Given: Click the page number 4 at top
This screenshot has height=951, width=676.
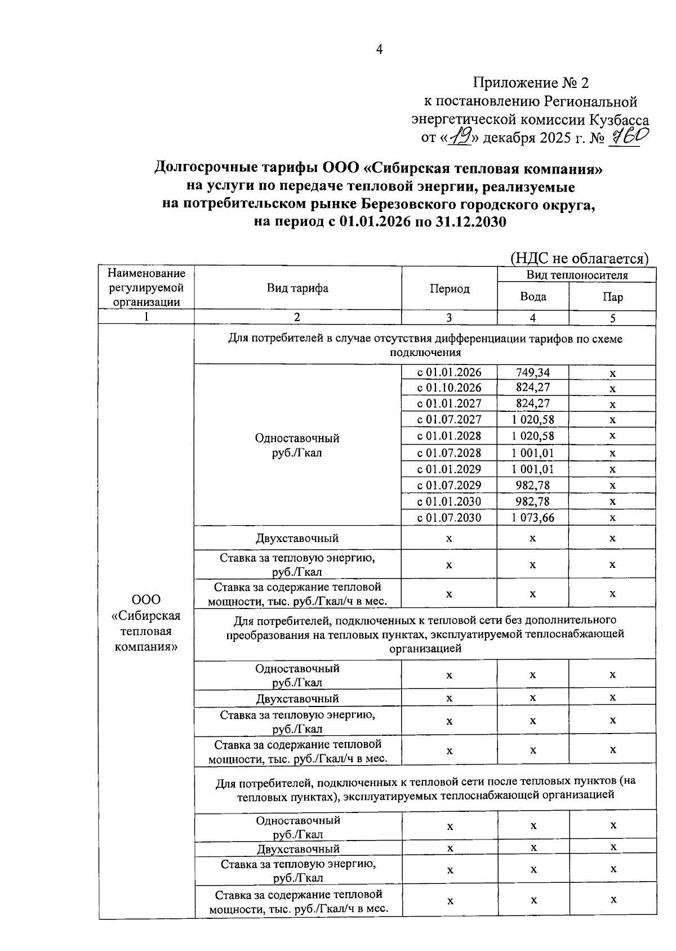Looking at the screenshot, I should (379, 50).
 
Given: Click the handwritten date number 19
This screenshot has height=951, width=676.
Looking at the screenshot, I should (462, 135).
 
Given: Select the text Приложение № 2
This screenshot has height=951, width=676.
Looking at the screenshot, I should (531, 83).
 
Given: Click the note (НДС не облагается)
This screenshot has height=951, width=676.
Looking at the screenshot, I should (579, 258).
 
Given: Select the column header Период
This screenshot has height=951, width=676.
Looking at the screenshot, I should (449, 289).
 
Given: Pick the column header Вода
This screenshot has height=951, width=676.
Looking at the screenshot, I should (532, 296).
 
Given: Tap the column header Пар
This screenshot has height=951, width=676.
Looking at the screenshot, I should (612, 297).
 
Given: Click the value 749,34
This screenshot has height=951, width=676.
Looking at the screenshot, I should (532, 372).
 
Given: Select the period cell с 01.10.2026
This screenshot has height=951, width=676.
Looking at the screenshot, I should (449, 388).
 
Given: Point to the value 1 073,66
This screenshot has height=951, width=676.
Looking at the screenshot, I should (532, 517).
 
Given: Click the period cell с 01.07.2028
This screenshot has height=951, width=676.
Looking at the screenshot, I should (449, 453).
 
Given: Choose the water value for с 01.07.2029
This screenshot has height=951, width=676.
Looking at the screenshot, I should (532, 485).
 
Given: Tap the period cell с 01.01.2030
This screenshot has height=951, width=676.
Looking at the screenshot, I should (449, 501).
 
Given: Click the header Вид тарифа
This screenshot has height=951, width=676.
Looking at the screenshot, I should (297, 288).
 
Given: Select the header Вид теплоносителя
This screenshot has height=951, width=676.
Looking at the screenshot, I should (576, 275).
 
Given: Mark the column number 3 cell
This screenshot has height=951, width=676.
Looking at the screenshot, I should (449, 318).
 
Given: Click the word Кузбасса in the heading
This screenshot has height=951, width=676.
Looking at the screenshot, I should (619, 119).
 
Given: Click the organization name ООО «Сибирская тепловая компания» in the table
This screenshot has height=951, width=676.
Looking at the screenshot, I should (146, 623).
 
